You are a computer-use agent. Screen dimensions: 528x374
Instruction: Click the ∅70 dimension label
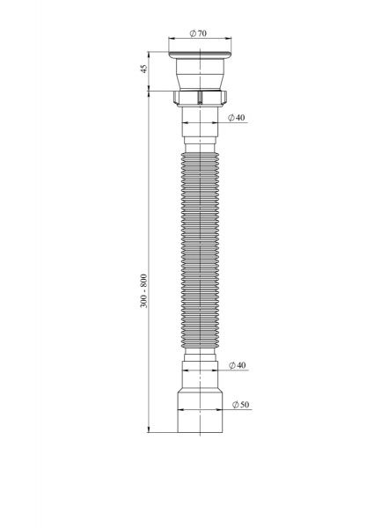199,33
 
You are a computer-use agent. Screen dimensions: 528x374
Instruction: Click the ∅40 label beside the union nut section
236,117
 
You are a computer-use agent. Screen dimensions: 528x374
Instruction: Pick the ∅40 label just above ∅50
236,364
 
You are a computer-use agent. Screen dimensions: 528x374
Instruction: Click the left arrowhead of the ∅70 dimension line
170,40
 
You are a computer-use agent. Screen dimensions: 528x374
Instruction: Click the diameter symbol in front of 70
193,33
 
